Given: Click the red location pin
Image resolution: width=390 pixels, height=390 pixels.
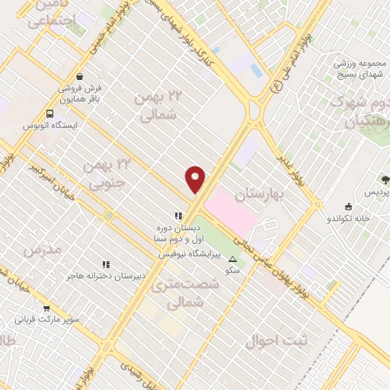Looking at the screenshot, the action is click(196, 179).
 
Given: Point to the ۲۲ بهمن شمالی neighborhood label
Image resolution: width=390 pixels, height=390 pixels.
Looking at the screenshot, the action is click(160, 105).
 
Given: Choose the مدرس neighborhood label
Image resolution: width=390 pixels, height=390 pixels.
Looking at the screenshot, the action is click(41, 250).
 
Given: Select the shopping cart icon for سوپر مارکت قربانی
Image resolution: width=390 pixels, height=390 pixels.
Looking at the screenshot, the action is click(46, 308).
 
